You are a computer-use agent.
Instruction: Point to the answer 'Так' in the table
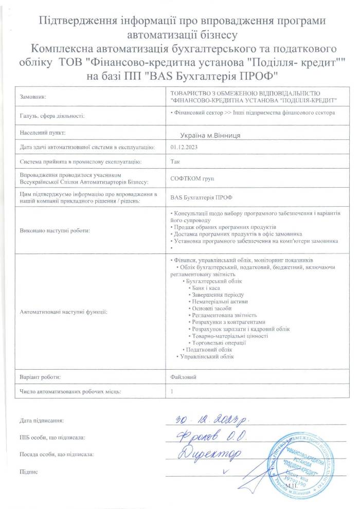point(175,161)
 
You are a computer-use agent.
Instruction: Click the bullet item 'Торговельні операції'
point(218,342)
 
